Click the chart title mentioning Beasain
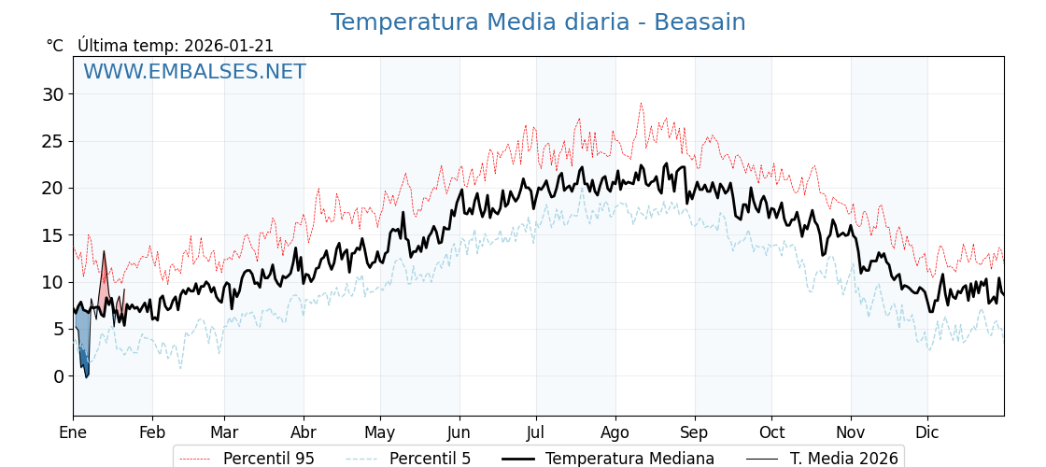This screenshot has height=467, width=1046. point(538,22)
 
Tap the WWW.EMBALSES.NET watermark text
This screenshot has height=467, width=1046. point(194,72)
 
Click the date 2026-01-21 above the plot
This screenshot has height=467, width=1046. point(229,46)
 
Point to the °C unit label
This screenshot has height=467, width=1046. point(55,46)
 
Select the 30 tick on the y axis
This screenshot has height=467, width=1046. point(52,94)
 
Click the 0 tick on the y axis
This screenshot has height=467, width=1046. point(58,376)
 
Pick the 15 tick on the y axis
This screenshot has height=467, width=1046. point(52,235)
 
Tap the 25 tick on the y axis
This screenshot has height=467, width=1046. point(52,141)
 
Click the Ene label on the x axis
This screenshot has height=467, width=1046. point(73,432)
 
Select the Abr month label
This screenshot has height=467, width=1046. point(304,432)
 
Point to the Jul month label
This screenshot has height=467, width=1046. point(536,432)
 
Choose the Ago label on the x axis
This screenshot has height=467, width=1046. point(615,432)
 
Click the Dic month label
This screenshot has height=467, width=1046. point(927,432)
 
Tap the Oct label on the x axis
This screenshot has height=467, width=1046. point(771,432)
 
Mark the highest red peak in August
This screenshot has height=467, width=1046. point(641,104)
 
